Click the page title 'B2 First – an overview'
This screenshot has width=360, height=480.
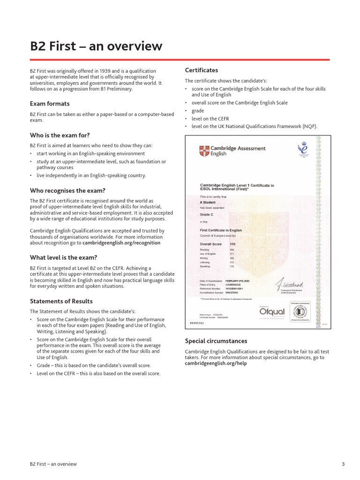click(x=96, y=46)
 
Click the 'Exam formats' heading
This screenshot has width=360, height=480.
click(x=50, y=104)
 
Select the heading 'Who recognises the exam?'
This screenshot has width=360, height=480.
click(x=67, y=191)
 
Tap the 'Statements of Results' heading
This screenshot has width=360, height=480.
click(x=61, y=301)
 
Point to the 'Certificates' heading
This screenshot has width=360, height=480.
click(x=202, y=70)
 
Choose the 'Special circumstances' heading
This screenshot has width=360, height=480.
click(x=216, y=341)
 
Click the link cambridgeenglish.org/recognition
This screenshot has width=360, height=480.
click(x=121, y=243)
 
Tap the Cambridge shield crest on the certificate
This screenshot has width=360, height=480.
click(x=204, y=150)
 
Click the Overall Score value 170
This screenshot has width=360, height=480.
click(x=233, y=244)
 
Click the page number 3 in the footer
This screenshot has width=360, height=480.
click(x=343, y=464)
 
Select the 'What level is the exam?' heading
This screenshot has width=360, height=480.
click(x=63, y=257)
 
